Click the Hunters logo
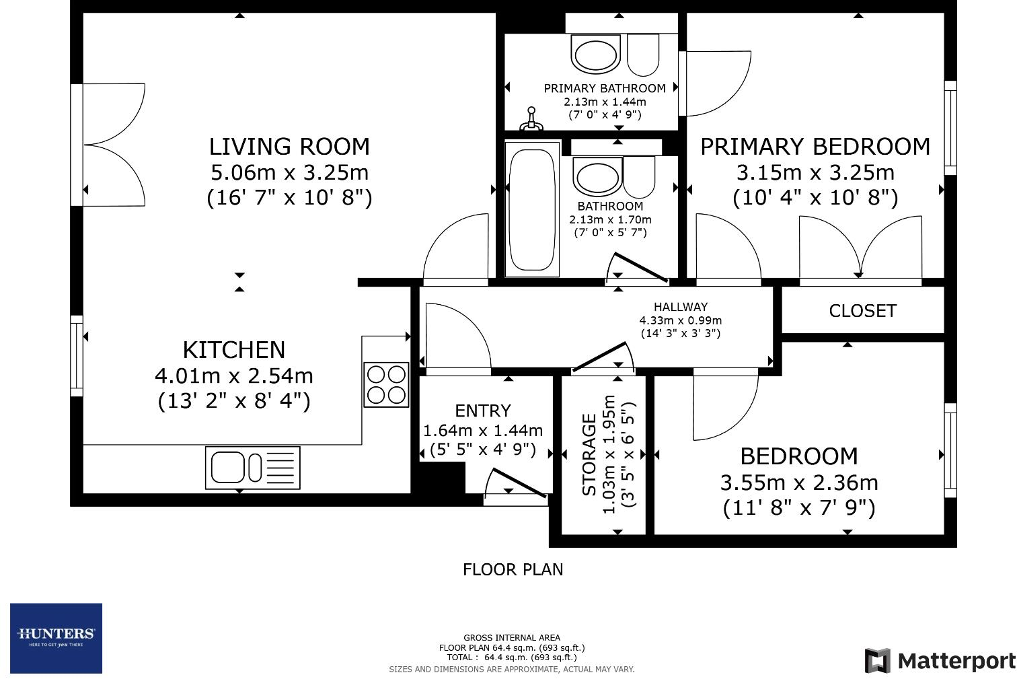[x=56, y=637]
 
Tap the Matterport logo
[x=940, y=661]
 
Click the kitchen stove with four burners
[x=386, y=384]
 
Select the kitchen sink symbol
[x=252, y=467]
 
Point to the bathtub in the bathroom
[x=533, y=209]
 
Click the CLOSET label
[x=862, y=311]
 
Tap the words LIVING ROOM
[x=289, y=147]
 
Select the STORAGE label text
[x=589, y=455]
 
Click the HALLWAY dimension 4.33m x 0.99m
[x=680, y=320]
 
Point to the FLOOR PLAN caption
[x=513, y=569]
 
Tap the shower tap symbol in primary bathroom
[x=531, y=119]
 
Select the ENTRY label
[x=482, y=410]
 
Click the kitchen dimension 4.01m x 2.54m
[x=233, y=376]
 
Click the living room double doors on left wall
[x=111, y=144]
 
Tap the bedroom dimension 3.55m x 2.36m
[x=798, y=483]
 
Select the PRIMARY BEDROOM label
[x=815, y=147]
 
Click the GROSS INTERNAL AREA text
[x=511, y=637]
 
